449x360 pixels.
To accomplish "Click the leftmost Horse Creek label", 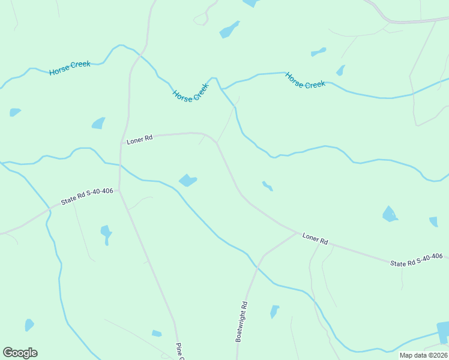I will click(70, 68).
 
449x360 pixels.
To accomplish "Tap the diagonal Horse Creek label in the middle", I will click(190, 92).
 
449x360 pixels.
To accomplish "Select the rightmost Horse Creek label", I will click(305, 80).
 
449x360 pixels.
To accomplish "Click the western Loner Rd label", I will click(140, 139).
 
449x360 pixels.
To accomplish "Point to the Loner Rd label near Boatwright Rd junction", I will click(315, 238).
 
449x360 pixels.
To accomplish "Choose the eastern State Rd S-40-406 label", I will click(416, 260).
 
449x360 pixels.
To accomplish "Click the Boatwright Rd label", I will click(241, 322).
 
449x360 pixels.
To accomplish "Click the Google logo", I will click(20, 353).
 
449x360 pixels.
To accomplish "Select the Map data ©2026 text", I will click(423, 355).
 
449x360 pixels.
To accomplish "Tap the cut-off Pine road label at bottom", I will click(179, 351).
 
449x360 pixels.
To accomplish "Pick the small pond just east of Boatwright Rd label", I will click(274, 311).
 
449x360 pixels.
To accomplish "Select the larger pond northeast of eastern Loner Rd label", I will click(390, 214).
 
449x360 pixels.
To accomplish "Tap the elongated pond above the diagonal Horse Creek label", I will click(229, 29).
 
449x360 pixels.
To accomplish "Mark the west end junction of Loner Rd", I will click(122, 143).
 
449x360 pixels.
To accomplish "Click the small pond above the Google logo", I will click(29, 325).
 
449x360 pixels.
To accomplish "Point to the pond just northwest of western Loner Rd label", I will click(98, 123).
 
